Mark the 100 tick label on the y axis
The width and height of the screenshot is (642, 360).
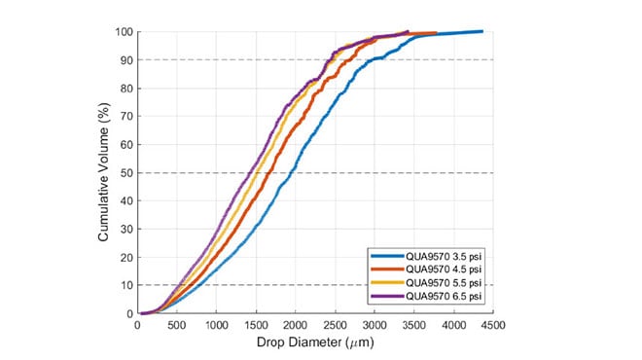tap(124, 31)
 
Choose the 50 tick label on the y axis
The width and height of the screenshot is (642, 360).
tap(126, 173)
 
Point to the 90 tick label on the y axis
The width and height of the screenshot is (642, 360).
tap(126, 59)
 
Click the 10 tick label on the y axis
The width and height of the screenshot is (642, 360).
tap(126, 286)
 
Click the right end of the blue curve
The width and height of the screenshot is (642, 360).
tap(482, 31)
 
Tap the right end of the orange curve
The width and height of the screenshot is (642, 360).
tap(435, 33)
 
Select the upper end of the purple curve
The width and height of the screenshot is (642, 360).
tap(408, 31)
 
